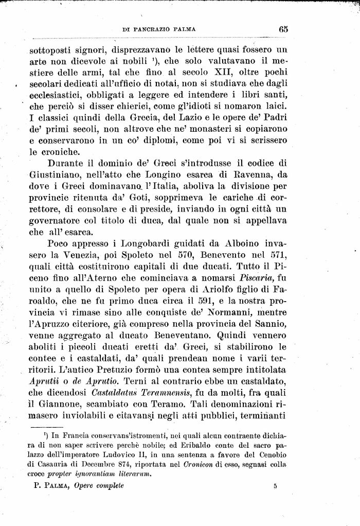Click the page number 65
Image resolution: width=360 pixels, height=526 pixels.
click(283, 29)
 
